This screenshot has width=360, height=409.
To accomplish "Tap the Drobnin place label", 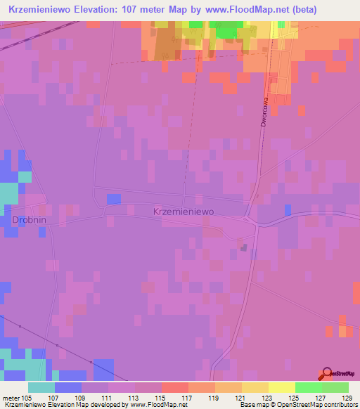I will [29, 220].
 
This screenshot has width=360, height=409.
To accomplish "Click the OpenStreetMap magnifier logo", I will [326, 375].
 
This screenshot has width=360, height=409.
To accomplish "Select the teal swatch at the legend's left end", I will [41, 387].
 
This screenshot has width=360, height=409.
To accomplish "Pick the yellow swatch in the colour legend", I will [281, 387].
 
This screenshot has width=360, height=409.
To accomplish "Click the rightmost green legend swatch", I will [335, 387].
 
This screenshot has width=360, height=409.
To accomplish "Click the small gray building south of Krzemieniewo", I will [244, 247].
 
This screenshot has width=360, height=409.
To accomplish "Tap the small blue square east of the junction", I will [288, 209].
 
